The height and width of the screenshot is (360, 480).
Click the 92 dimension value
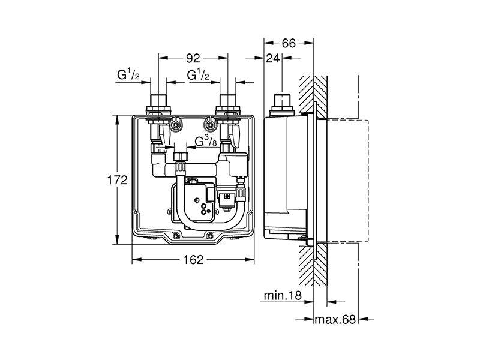(193, 58)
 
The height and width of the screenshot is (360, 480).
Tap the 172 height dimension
(117, 180)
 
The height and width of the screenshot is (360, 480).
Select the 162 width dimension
(193, 260)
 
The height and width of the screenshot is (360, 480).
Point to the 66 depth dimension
(289, 43)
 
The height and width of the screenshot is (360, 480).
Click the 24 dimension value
(273, 58)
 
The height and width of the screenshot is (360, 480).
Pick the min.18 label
(283, 296)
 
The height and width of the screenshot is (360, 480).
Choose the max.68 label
(335, 320)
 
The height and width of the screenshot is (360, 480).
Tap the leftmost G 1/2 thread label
(128, 74)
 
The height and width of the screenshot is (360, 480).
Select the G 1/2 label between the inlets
(198, 74)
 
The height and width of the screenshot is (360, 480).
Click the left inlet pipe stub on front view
(158, 100)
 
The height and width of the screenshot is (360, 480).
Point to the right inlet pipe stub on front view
(228, 100)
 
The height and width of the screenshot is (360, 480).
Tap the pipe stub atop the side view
(282, 100)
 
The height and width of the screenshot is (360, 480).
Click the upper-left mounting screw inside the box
(176, 125)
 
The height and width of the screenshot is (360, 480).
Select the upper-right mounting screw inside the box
(209, 125)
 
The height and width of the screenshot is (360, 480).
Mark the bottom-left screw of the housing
(176, 236)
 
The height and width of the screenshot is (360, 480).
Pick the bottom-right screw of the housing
(209, 236)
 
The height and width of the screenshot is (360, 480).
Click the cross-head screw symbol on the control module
(197, 200)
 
